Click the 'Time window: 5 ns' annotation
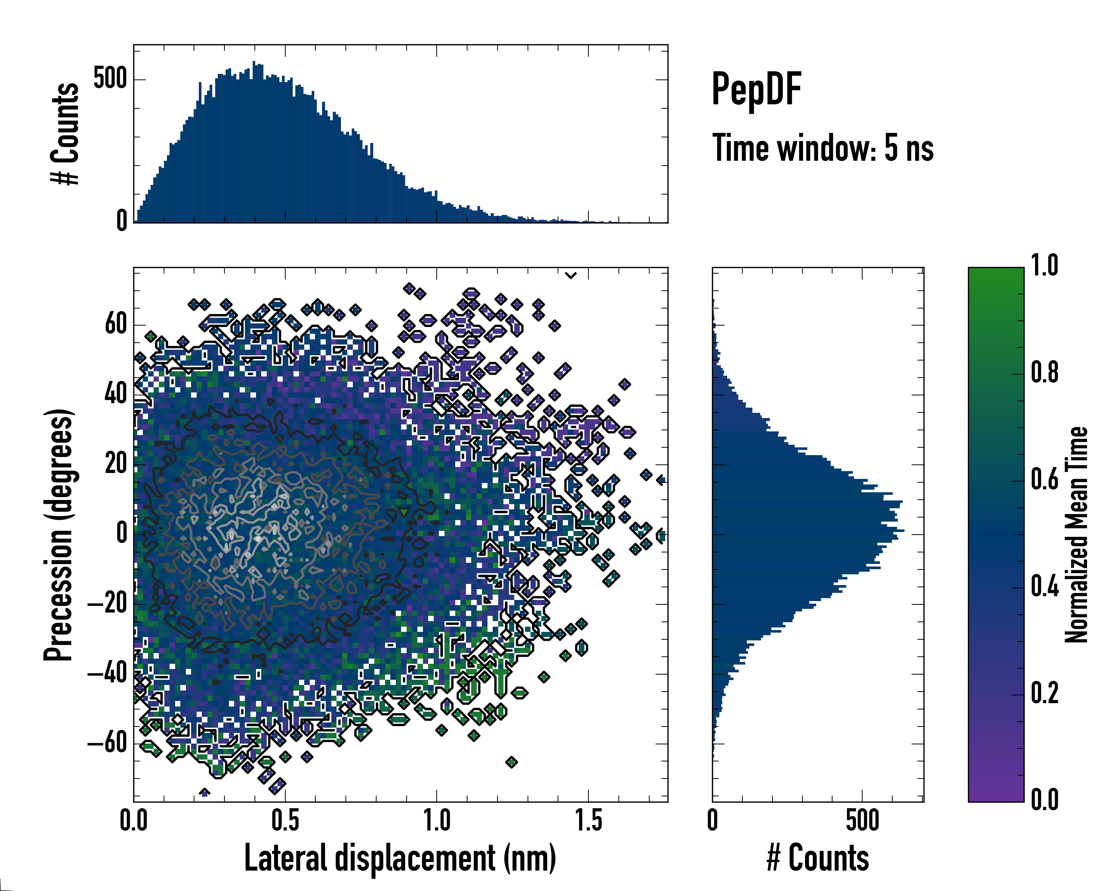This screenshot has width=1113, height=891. click(823, 148)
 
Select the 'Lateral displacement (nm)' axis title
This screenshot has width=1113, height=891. click(400, 858)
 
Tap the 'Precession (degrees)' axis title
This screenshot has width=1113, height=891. click(58, 535)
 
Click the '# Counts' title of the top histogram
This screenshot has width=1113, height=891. click(65, 133)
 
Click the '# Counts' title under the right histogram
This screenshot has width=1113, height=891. click(818, 858)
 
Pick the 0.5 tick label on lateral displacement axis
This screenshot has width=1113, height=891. click(285, 821)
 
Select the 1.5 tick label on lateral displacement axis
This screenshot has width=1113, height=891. click(588, 821)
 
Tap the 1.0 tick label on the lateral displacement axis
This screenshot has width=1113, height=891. click(437, 821)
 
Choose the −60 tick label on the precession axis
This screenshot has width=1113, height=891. click(107, 743)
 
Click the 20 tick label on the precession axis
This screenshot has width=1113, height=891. click(116, 464)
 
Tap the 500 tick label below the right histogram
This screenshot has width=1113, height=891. click(862, 821)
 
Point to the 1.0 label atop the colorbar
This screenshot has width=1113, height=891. click(1044, 266)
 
